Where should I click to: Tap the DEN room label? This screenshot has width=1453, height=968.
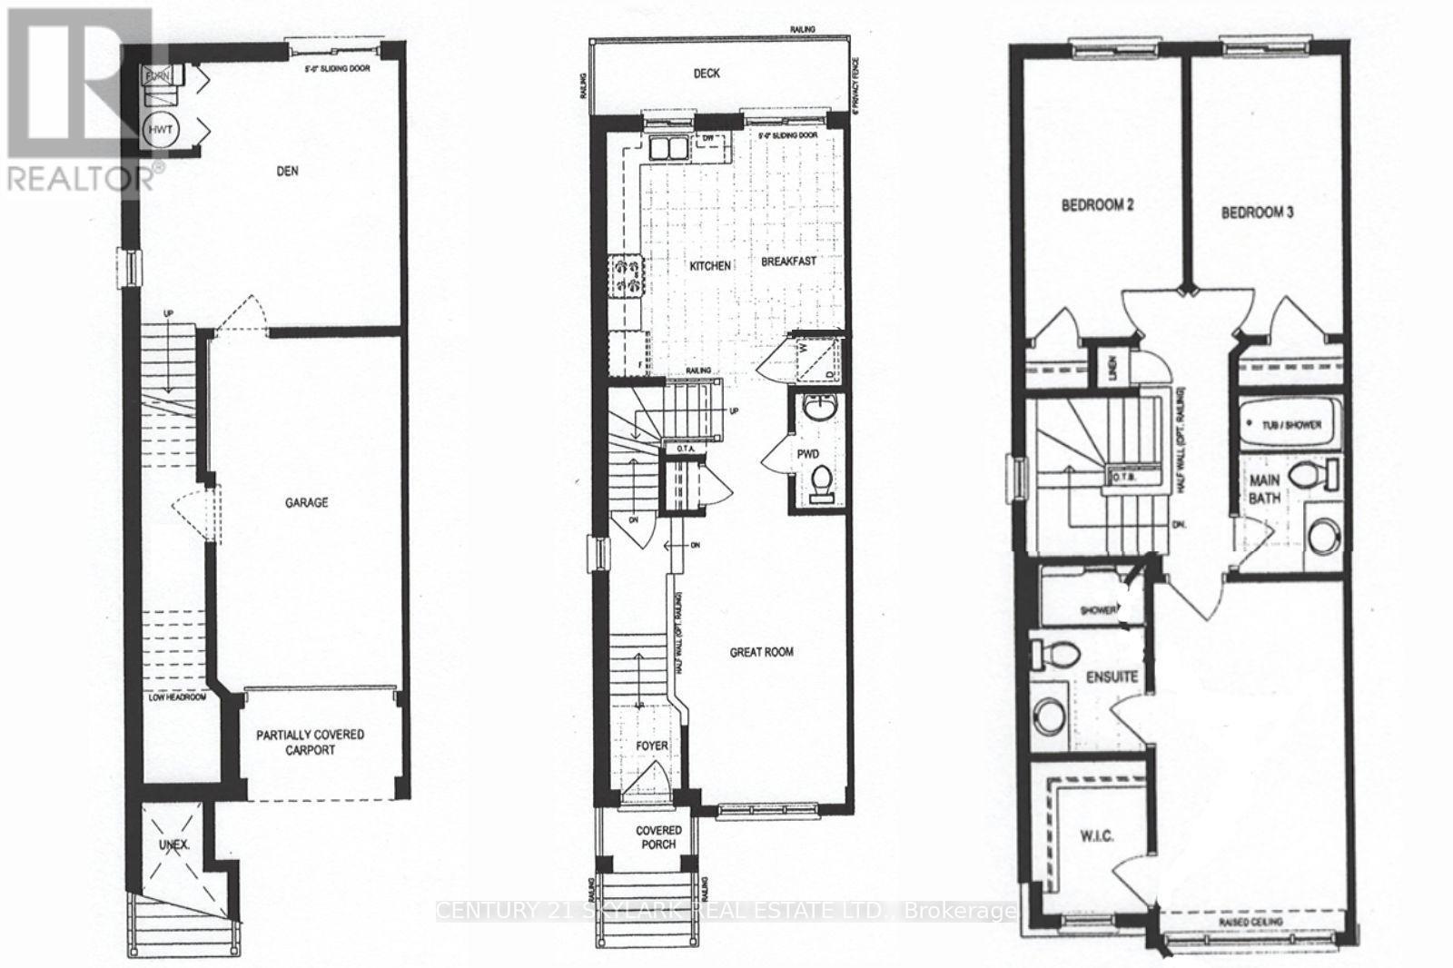(288, 170)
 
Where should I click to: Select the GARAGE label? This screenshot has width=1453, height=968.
(306, 502)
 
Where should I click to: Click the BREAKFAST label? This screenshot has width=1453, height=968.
(788, 262)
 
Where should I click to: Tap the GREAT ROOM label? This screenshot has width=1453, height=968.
(762, 652)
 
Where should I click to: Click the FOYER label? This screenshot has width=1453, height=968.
(651, 746)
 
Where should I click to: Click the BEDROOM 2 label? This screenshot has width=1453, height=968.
(1098, 205)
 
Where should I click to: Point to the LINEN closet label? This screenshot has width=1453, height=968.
(1110, 369)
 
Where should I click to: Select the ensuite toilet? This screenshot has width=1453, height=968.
(1055, 652)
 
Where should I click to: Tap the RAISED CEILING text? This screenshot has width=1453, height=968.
(1253, 923)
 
